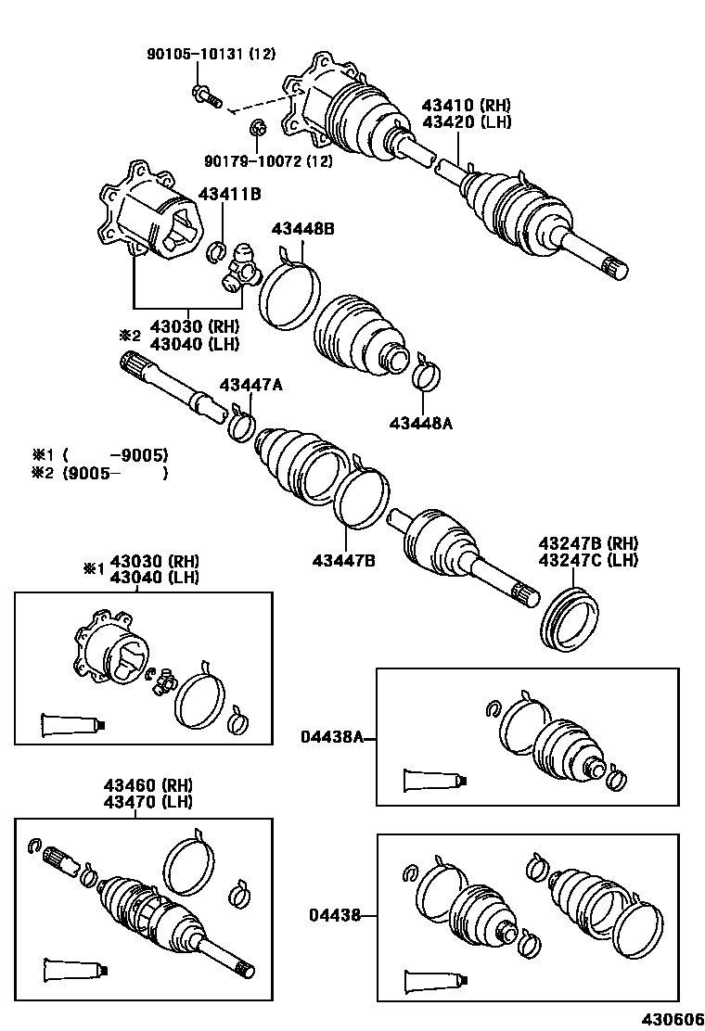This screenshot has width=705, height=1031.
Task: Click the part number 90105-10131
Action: click(x=197, y=55)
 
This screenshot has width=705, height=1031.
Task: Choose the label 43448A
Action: click(x=422, y=423)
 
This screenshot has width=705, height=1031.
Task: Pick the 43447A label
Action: click(x=250, y=385)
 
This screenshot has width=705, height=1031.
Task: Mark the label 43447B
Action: click(x=343, y=560)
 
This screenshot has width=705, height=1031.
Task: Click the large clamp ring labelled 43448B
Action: click(x=287, y=289)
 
